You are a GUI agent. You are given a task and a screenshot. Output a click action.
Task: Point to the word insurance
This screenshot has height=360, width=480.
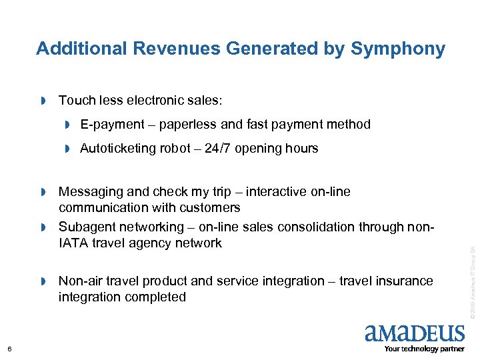[x=405, y=281]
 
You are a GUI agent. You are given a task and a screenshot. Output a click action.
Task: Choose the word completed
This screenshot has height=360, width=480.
[x=155, y=297]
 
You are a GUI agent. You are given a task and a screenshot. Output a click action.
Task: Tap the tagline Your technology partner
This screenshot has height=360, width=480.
[x=425, y=349]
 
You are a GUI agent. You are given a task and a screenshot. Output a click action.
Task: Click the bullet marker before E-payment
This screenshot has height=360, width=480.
[x=67, y=125]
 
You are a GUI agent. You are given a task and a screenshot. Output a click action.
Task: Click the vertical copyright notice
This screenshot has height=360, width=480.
[x=471, y=281]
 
